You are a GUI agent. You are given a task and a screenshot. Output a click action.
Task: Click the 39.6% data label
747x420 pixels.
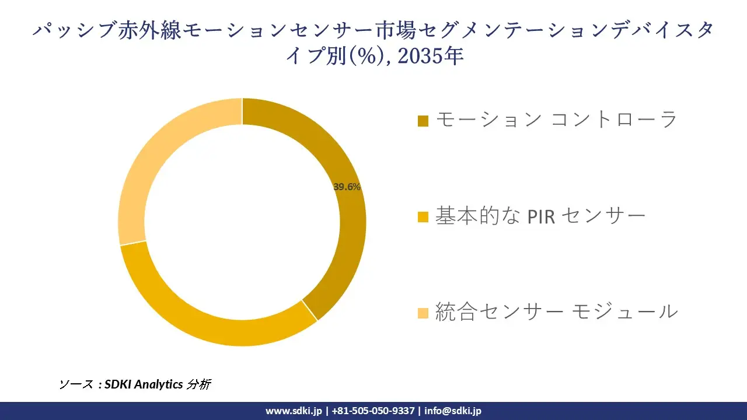click(x=347, y=187)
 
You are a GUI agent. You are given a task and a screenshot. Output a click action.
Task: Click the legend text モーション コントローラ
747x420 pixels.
click(x=556, y=120)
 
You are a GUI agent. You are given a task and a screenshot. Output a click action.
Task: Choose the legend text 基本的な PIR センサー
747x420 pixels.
click(x=540, y=216)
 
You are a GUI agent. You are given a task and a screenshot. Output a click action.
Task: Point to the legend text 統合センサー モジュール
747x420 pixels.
click(x=556, y=311)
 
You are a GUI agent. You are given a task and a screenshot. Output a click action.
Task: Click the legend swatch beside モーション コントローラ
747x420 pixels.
click(x=424, y=121)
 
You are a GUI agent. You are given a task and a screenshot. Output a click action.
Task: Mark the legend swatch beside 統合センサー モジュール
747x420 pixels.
click(x=424, y=313)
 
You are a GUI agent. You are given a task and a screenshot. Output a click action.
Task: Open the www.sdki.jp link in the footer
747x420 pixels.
click(x=294, y=411)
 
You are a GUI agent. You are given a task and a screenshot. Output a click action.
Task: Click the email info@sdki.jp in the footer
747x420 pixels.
click(x=453, y=411)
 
